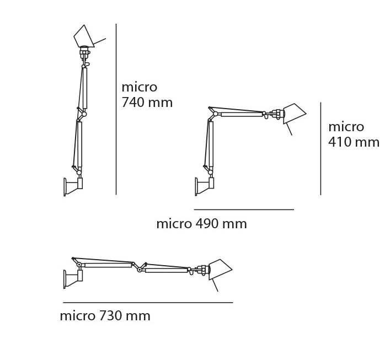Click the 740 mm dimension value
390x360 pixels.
pos(147,103)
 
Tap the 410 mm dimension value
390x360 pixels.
pos(354,142)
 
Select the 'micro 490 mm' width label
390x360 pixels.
pos(201,224)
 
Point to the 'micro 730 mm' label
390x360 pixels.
pos(105,316)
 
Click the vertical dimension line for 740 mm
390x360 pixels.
pos(116,109)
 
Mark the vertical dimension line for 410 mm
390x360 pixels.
pos(320,148)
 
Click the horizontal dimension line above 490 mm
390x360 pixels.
pos(244,209)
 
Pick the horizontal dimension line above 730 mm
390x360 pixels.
pos(148,303)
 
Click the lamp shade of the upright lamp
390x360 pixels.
pos(84,36)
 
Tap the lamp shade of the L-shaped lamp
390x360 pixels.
pos(295,114)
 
